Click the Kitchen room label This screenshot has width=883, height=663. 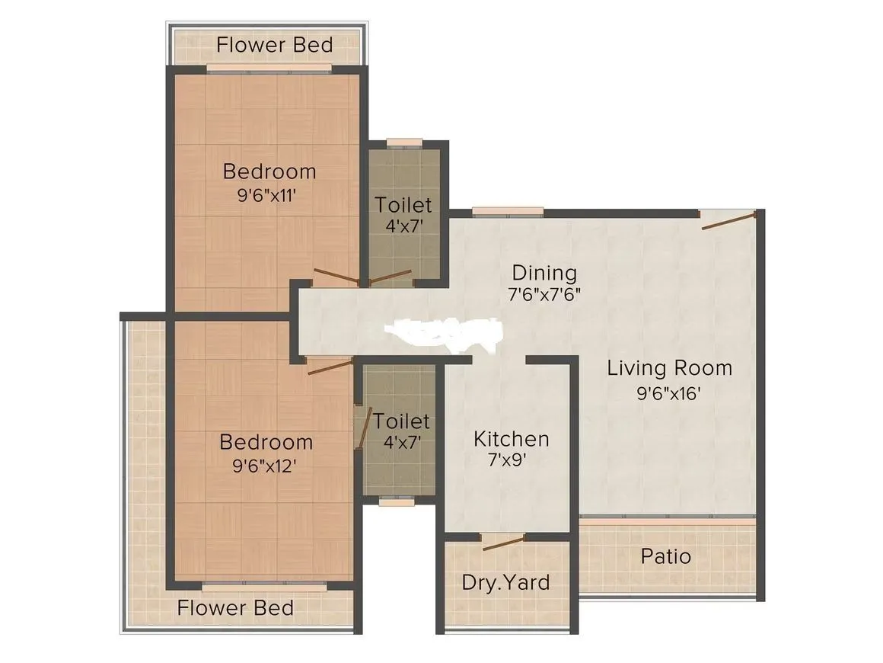pyautogui.click(x=511, y=439)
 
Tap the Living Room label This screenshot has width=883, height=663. pyautogui.click(x=669, y=368)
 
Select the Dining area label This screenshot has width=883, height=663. pyautogui.click(x=544, y=273)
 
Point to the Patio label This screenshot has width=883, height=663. pyautogui.click(x=666, y=556)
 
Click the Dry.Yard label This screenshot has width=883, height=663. pyautogui.click(x=505, y=583)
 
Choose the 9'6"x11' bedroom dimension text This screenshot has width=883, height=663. pyautogui.click(x=266, y=194)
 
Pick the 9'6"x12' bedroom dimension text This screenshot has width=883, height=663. pyautogui.click(x=266, y=465)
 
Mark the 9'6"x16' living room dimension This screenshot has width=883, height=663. pyautogui.click(x=669, y=394)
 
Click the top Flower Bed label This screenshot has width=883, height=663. pyautogui.click(x=274, y=45)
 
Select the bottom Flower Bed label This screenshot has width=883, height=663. pyautogui.click(x=235, y=608)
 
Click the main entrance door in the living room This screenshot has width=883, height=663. pyautogui.click(x=729, y=220)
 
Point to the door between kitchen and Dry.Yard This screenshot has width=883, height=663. pyautogui.click(x=503, y=543)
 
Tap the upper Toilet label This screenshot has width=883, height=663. pyautogui.click(x=403, y=205)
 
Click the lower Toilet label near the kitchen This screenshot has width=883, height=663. pyautogui.click(x=401, y=421)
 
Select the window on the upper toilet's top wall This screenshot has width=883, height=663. pyautogui.click(x=403, y=142)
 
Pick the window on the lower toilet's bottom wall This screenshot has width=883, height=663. pyautogui.click(x=397, y=501)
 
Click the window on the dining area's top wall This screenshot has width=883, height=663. pyautogui.click(x=507, y=212)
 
